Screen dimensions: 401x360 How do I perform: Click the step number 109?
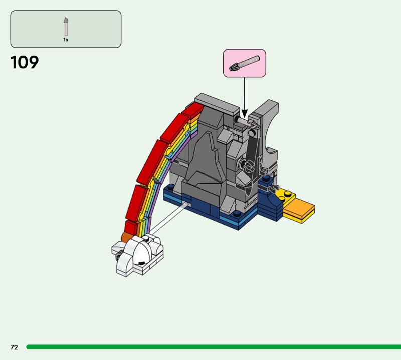click(x=24, y=62)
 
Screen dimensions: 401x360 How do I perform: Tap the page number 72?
click(x=14, y=347)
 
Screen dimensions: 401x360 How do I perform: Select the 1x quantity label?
click(x=66, y=40)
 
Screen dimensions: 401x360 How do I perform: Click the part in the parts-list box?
click(x=66, y=26)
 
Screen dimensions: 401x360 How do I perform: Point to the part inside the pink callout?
click(x=244, y=63)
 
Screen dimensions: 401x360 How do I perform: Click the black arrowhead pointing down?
click(x=245, y=114)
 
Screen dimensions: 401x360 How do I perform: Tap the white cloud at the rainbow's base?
click(x=137, y=255)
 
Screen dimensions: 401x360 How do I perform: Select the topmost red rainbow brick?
click(x=193, y=110)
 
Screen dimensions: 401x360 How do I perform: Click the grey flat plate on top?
click(x=217, y=104)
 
